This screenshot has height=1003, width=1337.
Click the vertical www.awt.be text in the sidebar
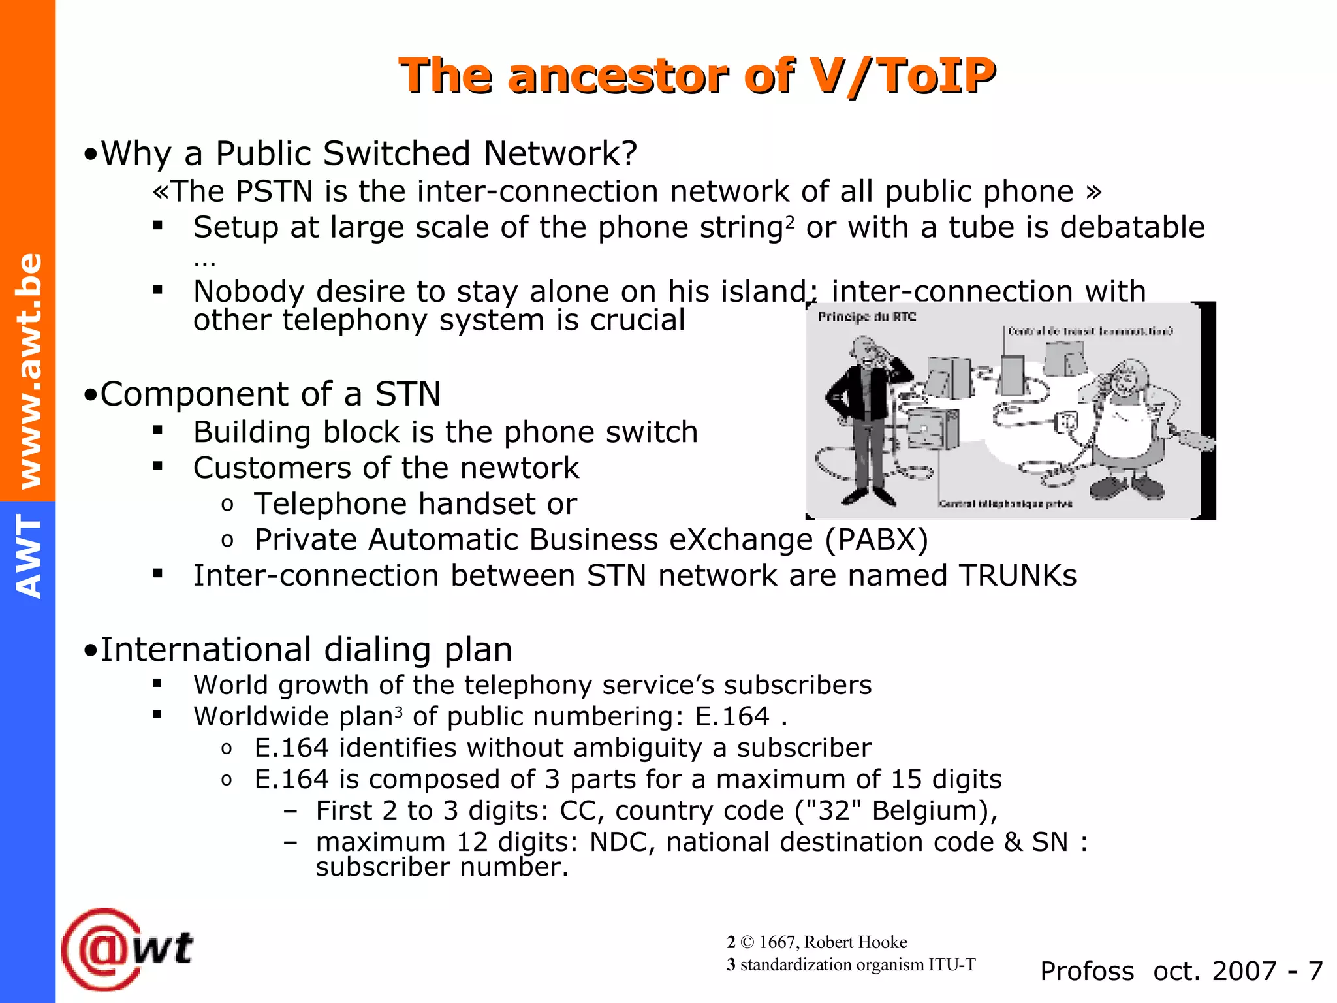pyautogui.click(x=29, y=371)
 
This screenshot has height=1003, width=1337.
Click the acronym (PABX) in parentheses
pyautogui.click(x=876, y=540)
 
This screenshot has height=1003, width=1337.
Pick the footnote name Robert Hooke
pyautogui.click(x=855, y=942)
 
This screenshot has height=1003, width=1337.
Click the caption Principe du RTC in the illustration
pyautogui.click(x=867, y=317)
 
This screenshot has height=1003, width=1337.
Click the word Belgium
pyautogui.click(x=930, y=811)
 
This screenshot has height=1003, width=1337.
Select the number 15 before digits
pyautogui.click(x=906, y=780)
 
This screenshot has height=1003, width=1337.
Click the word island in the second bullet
pyautogui.click(x=763, y=291)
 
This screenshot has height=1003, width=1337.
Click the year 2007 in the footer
pyautogui.click(x=1243, y=971)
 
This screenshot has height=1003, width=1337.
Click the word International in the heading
pyautogui.click(x=205, y=650)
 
